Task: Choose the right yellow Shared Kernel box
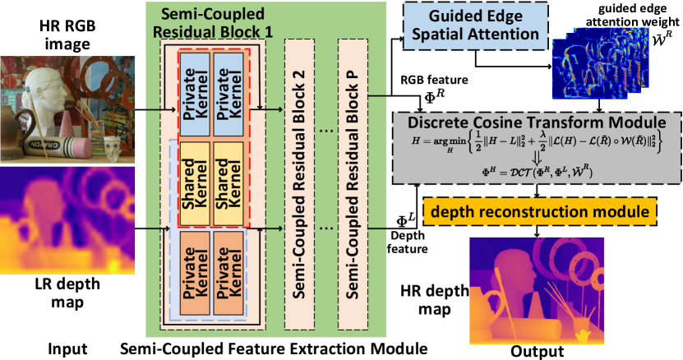(x=228, y=183)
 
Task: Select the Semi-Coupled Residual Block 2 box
(x=300, y=186)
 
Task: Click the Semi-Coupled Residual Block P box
(x=354, y=186)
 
